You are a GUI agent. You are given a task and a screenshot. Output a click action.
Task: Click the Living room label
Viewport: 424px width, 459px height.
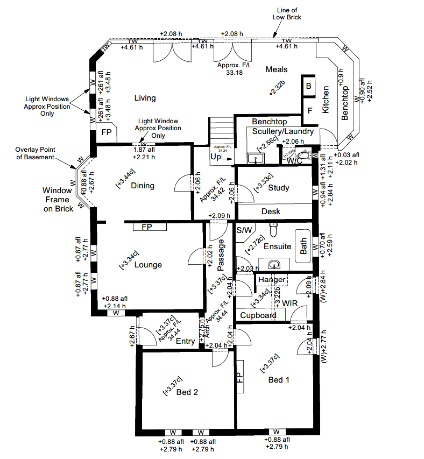click(x=145, y=98)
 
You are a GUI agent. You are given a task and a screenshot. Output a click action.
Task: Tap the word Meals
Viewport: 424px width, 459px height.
click(x=276, y=69)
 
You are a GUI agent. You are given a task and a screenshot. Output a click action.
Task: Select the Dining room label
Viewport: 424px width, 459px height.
click(x=143, y=186)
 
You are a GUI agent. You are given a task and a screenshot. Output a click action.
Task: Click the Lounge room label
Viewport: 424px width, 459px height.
click(x=148, y=265)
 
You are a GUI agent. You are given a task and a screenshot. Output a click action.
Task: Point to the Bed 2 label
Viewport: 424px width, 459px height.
click(x=187, y=392)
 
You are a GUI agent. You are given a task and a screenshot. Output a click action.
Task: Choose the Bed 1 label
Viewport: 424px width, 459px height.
click(x=279, y=380)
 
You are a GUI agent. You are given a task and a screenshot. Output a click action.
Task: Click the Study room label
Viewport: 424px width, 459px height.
click(x=278, y=188)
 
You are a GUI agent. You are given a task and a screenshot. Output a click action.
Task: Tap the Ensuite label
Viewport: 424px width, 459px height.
click(x=277, y=246)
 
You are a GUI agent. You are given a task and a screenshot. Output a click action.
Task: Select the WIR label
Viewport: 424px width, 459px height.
click(x=290, y=304)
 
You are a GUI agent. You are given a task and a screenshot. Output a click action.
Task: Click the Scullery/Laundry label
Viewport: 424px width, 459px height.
click(x=282, y=131)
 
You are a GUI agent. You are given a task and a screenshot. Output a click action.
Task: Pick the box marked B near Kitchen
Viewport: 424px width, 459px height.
click(x=309, y=86)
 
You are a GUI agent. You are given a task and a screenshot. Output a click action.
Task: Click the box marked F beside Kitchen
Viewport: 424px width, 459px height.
click(x=309, y=111)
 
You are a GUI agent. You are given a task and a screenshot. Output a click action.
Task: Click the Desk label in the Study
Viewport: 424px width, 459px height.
click(x=271, y=211)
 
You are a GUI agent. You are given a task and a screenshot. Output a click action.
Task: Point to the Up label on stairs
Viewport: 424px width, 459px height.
click(x=215, y=158)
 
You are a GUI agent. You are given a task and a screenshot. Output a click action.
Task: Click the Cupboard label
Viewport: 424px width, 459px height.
click(x=258, y=315)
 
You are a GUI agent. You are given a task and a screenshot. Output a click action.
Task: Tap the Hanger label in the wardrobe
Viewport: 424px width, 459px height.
click(x=272, y=280)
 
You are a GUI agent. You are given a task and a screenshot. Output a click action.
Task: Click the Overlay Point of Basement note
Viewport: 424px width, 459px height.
click(x=35, y=153)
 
